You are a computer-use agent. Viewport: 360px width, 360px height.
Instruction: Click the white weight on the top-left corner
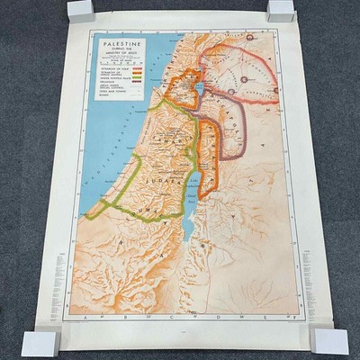[x=81, y=11]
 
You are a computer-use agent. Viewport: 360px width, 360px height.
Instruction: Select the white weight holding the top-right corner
[x=281, y=11]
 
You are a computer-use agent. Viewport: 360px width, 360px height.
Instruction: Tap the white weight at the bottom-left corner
[x=40, y=342]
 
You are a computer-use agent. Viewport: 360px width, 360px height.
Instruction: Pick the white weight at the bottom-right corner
[x=328, y=339]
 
